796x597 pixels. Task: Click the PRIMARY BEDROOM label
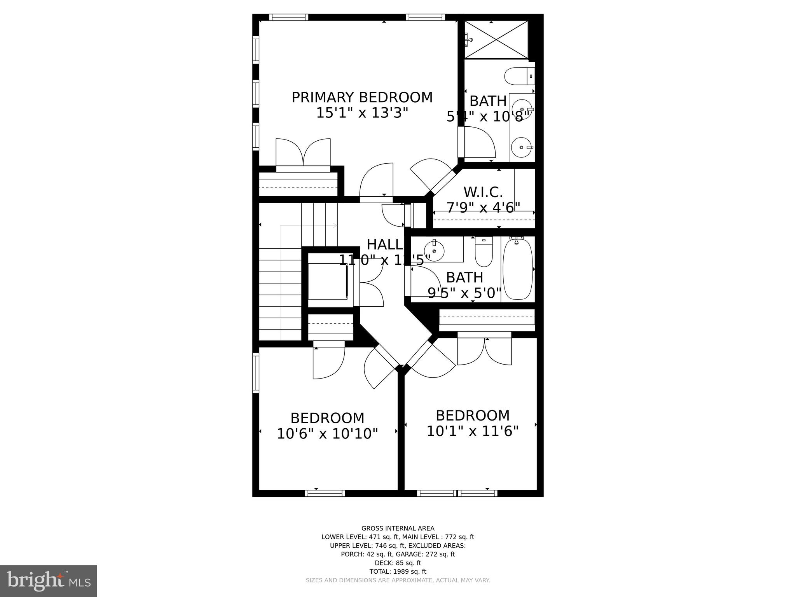tap(362, 98)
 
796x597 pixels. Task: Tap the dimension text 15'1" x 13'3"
tap(362, 113)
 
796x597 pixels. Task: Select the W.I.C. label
tap(483, 192)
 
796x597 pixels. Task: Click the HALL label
tap(384, 244)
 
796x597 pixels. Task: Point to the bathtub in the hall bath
tap(517, 269)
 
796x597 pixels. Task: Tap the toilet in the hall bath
tap(484, 251)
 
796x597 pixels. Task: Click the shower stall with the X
tap(496, 40)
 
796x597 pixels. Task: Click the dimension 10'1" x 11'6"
tap(473, 431)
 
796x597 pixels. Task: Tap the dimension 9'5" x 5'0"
tap(464, 293)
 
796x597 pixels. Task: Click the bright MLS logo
tap(48, 581)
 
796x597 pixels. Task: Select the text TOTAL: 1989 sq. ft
tap(398, 571)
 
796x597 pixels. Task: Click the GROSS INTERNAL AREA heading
tap(398, 528)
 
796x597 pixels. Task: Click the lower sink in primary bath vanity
tap(521, 147)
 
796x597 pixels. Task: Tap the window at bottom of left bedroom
tap(325, 493)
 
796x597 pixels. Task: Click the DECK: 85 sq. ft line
tap(398, 563)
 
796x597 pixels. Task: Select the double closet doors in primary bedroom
tap(303, 155)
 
